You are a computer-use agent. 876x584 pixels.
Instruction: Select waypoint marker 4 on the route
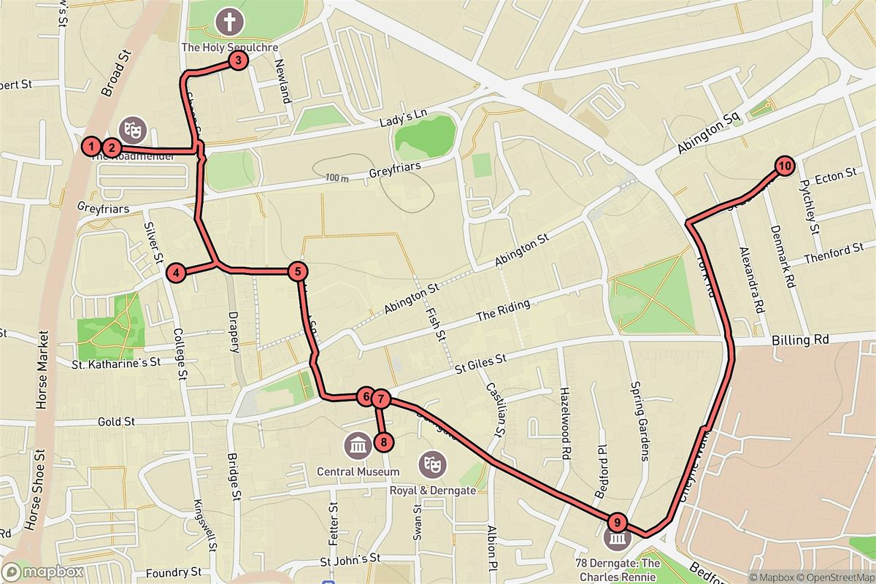[x=176, y=274]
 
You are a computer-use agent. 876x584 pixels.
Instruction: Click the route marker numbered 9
[x=618, y=522]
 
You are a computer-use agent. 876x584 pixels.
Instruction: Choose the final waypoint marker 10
[x=784, y=166]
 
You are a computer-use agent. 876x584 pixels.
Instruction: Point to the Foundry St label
[x=173, y=572]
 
